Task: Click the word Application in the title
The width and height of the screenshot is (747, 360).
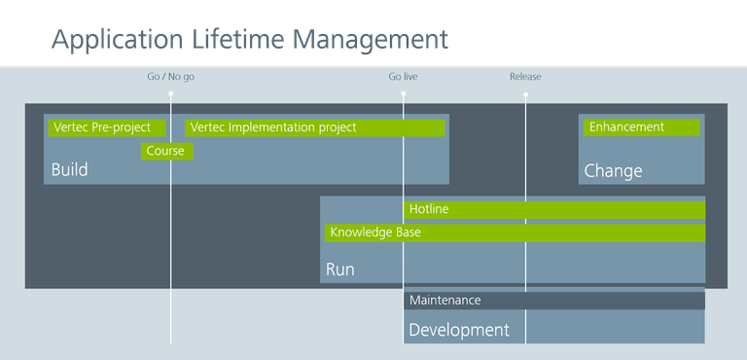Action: (116, 39)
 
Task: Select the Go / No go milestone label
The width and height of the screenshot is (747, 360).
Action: (170, 76)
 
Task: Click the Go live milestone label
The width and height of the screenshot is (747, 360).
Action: (403, 76)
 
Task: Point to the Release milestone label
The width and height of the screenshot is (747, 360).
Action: (525, 76)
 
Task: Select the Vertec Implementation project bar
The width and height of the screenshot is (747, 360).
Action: (314, 127)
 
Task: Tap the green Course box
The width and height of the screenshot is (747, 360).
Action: (166, 151)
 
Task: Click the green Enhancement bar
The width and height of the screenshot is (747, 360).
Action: (641, 127)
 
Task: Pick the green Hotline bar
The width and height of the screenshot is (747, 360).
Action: (554, 210)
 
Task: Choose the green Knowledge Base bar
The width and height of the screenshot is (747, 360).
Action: (515, 234)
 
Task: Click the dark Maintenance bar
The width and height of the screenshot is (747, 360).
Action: (553, 301)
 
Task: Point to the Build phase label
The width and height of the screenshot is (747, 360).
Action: (69, 170)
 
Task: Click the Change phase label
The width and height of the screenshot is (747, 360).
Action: (613, 171)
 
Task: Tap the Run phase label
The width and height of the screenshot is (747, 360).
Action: (339, 270)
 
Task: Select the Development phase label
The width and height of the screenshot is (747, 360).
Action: (458, 330)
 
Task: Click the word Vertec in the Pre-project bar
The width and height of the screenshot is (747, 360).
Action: (71, 127)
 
